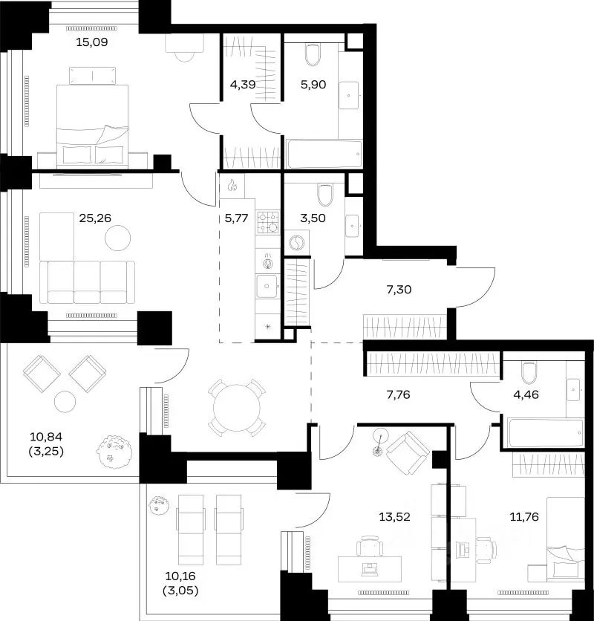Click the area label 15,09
pos(92,42)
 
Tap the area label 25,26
pos(95,218)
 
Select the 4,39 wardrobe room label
pos(242,85)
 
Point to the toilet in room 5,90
pos(313,55)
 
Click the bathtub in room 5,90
pos(324,154)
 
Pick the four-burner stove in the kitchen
pos(268,222)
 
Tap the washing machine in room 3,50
pos(296,243)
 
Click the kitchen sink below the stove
pos(267,286)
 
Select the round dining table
pos(237,408)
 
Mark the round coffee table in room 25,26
pos(117,238)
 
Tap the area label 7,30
pos(399,290)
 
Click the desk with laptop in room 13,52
pos(370,569)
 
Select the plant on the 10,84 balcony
pos(115,452)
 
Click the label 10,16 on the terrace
pos(180,576)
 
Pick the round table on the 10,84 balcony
pos(65,402)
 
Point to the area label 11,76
pos(524,517)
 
